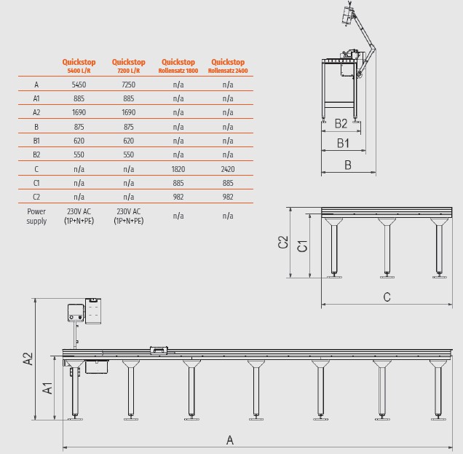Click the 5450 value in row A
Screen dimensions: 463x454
point(79,85)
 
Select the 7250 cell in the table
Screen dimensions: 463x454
point(128,85)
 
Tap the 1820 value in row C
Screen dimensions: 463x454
point(178,169)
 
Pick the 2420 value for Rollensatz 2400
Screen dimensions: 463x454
point(228,169)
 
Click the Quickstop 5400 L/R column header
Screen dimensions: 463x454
point(79,66)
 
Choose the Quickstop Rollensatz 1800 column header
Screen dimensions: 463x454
point(178,66)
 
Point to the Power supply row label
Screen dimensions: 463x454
point(36,216)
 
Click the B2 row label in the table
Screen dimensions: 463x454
point(36,154)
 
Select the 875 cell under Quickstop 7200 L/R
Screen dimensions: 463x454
point(128,127)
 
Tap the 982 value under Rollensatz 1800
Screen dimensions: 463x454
point(178,197)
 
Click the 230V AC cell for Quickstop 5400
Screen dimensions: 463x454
point(79,216)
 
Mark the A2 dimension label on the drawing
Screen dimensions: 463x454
point(28,359)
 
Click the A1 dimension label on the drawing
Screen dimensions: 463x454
point(47,388)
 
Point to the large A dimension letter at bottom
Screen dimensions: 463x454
point(230,440)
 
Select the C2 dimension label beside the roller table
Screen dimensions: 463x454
point(283,242)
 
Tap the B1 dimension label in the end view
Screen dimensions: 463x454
point(343,143)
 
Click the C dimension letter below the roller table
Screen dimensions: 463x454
point(387,297)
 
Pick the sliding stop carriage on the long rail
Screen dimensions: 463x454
point(159,351)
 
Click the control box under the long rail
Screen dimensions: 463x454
point(97,367)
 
